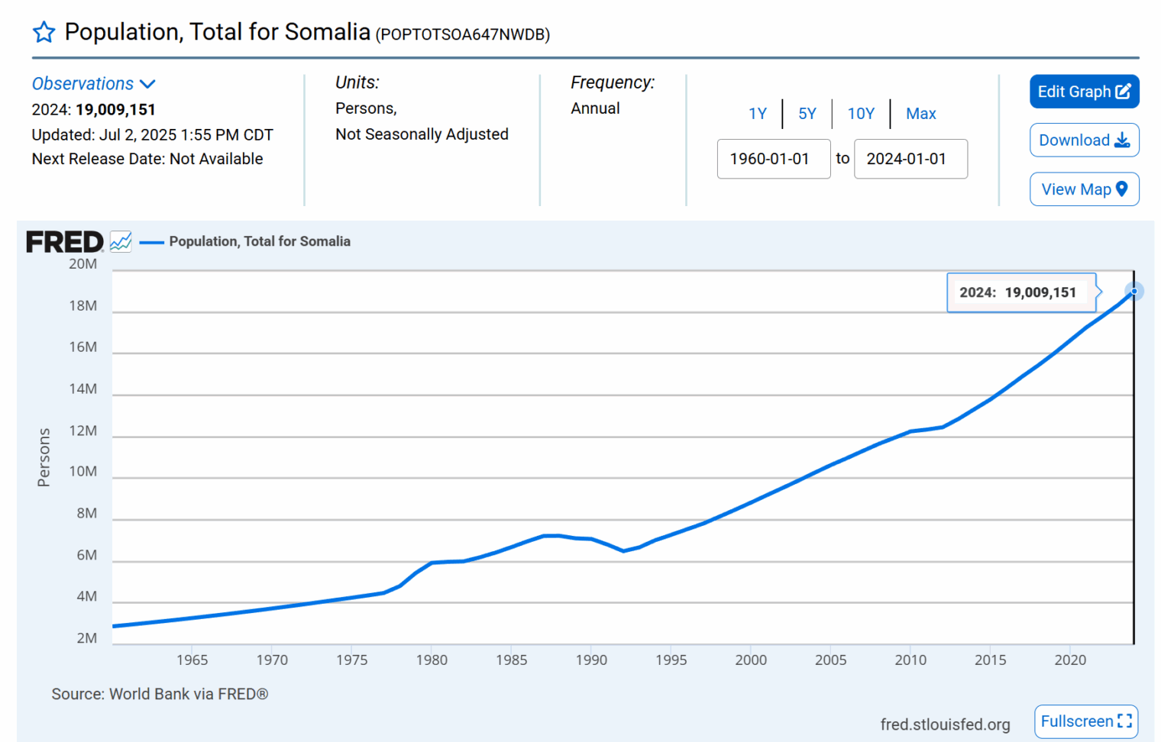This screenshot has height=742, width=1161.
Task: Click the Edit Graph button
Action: (1084, 92)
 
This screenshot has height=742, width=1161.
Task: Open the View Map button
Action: (1084, 189)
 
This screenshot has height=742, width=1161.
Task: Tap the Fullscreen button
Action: (1085, 721)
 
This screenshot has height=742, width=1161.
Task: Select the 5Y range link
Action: (807, 114)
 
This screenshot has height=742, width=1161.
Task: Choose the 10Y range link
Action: (861, 114)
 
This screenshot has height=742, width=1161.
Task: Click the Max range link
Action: (920, 114)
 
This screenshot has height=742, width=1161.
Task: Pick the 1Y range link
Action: (757, 114)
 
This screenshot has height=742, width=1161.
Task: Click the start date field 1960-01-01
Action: (773, 159)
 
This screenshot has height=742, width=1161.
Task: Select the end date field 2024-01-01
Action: (910, 159)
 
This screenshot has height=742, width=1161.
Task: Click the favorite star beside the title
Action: (44, 32)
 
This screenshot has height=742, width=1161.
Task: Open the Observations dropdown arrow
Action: (148, 84)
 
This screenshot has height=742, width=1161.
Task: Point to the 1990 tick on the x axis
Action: (591, 660)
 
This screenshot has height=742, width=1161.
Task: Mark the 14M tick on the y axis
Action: (83, 389)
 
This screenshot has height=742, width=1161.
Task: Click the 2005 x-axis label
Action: (830, 660)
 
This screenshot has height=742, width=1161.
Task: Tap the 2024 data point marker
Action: (1134, 291)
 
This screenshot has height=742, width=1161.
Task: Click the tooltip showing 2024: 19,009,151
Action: (1018, 292)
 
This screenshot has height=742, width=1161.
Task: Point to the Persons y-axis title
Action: (44, 457)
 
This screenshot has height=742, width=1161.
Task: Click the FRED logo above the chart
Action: (65, 242)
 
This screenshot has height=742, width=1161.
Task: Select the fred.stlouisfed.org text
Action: (945, 724)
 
